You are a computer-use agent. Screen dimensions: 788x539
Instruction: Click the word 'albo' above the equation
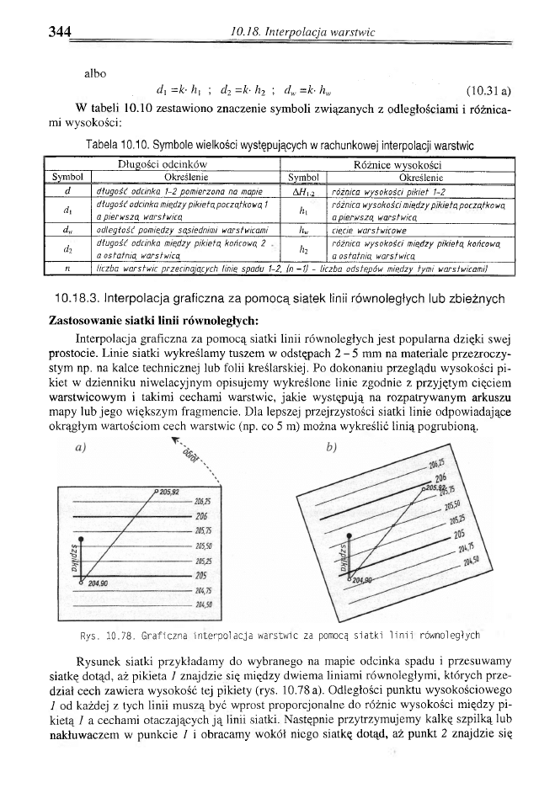[x=95, y=73]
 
